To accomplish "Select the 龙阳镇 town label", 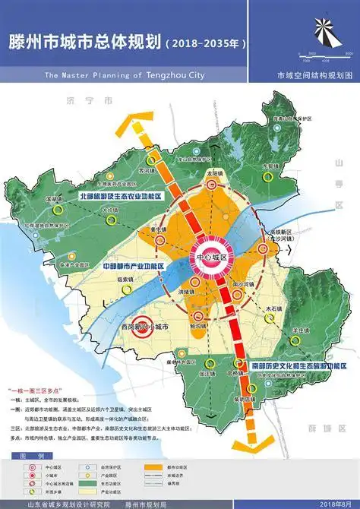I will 213,174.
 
